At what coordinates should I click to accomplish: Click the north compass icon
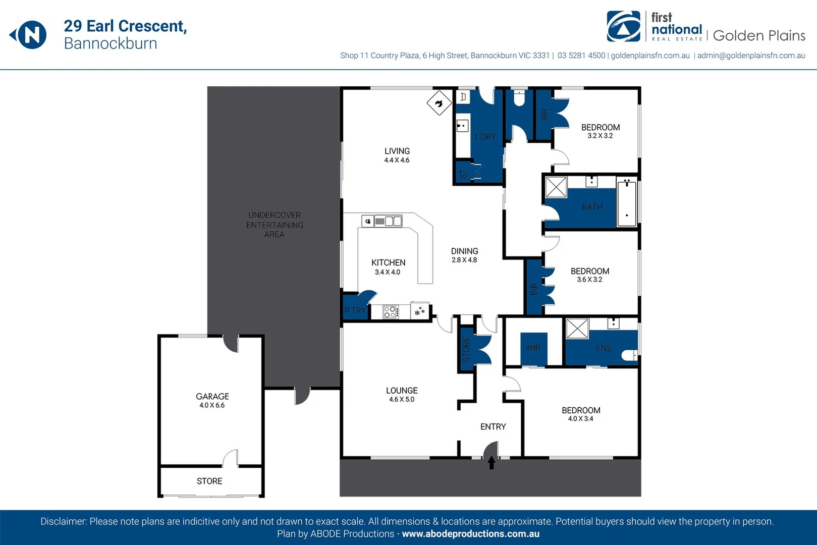point(30,35)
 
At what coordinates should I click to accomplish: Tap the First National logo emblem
point(623,26)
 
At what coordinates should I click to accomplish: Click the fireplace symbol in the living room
point(439,103)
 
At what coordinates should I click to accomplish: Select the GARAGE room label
point(212,397)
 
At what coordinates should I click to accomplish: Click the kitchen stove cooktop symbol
point(390,312)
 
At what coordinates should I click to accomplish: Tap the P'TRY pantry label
point(355,310)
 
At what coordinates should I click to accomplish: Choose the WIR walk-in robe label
point(533,348)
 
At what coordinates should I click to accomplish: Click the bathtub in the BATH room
point(627,202)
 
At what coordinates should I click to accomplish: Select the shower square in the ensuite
point(577,329)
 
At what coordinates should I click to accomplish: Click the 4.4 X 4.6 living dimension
point(397,160)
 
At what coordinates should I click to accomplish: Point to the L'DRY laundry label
point(485,137)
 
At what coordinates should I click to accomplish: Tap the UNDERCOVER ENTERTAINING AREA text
point(275,225)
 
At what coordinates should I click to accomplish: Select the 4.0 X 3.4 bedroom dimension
point(580,419)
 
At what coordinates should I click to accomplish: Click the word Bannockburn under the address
point(111,43)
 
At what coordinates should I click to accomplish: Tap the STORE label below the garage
point(209,481)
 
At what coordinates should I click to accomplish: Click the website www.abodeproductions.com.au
point(470,534)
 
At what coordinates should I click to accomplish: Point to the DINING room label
point(464,251)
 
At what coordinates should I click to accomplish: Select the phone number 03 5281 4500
point(581,56)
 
